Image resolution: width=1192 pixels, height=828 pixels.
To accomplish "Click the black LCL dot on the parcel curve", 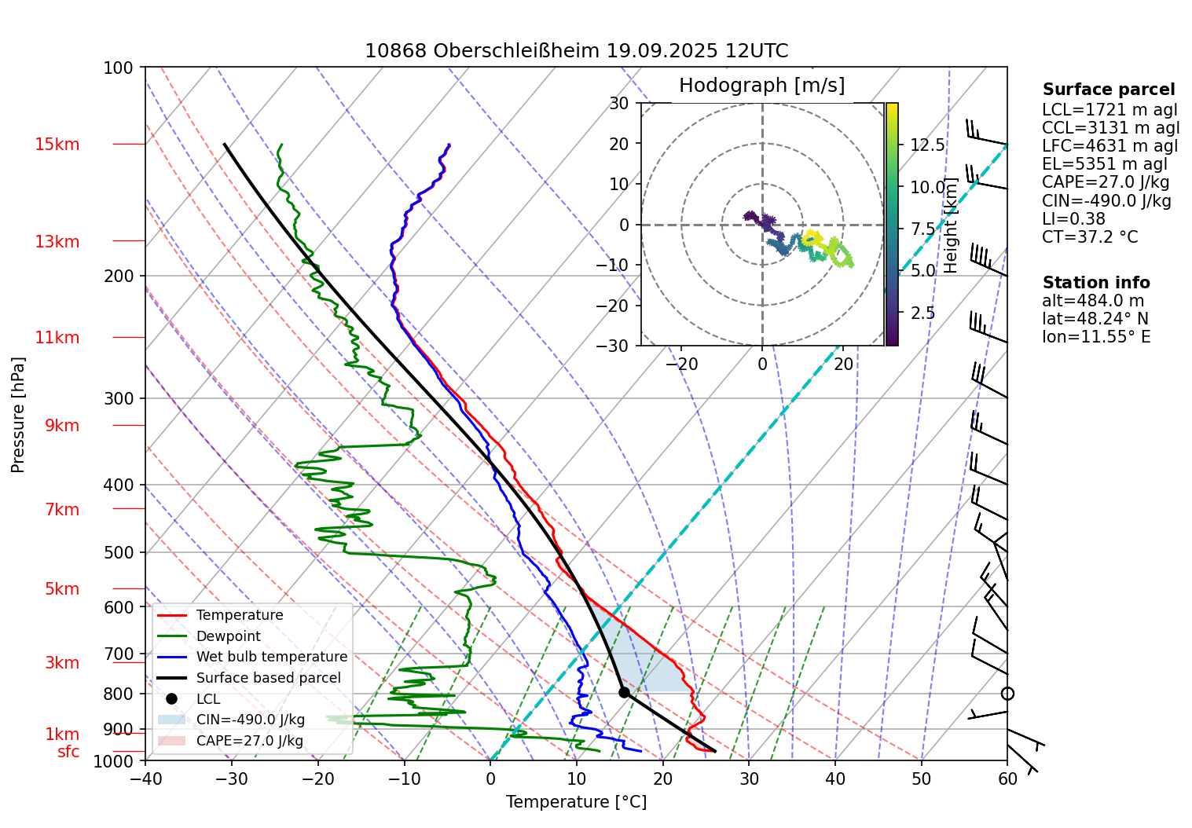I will point(624,692).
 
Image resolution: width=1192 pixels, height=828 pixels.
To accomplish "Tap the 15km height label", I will point(57,145).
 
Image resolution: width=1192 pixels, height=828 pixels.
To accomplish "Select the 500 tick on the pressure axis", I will point(119,552).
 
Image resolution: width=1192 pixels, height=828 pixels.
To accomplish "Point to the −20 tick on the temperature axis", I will point(317,779).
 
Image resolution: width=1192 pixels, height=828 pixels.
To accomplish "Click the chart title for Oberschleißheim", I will point(576,51).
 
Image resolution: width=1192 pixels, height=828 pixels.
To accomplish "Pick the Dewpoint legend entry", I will point(228,636).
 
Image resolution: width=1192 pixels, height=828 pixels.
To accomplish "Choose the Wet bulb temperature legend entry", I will point(271,657).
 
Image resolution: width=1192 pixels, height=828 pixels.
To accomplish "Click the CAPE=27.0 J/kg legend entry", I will point(249,741).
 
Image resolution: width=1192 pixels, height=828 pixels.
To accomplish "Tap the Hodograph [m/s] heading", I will point(761,85).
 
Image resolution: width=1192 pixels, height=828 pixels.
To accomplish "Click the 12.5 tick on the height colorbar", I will point(927,145).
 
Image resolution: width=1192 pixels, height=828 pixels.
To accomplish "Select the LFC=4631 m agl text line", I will point(1109,146).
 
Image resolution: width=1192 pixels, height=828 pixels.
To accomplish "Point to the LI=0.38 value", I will point(1073,219).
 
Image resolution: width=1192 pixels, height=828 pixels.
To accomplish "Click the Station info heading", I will point(1095,283).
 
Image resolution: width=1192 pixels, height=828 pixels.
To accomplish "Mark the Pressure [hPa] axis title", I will point(18,415).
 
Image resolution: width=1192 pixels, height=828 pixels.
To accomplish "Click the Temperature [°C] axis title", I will point(576,802).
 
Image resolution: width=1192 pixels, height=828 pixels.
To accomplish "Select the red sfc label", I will point(68,752).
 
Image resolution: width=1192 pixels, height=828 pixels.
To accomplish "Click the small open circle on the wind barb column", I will point(1007,694).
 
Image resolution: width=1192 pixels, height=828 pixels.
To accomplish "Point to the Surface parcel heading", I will point(1108,90).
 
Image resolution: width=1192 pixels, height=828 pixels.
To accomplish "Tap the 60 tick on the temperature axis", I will point(1007,779).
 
